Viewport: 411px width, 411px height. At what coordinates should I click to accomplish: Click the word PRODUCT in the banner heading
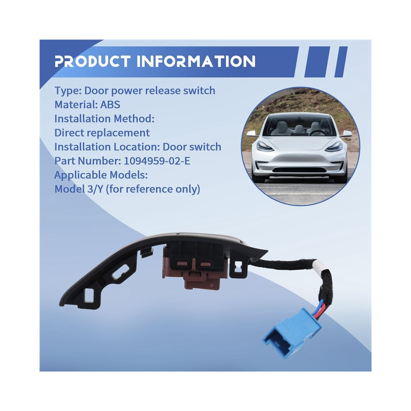pyautogui.click(x=93, y=61)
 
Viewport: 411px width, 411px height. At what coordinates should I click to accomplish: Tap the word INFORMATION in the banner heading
pyautogui.click(x=196, y=61)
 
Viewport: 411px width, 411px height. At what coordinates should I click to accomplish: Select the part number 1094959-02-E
pyautogui.click(x=157, y=161)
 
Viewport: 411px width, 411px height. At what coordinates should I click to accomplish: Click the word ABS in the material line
pyautogui.click(x=110, y=105)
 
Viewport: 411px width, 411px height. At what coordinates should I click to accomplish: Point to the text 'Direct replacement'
pyautogui.click(x=102, y=133)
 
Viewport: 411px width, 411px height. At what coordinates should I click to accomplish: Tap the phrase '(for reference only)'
pyautogui.click(x=153, y=189)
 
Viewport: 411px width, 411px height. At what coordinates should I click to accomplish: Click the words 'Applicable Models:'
pyautogui.click(x=101, y=175)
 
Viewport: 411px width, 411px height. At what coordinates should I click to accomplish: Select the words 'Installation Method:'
pyautogui.click(x=104, y=119)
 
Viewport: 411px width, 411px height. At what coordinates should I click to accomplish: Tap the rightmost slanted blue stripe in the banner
pyautogui.click(x=341, y=62)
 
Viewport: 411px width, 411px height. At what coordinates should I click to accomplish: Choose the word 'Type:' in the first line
pyautogui.click(x=68, y=91)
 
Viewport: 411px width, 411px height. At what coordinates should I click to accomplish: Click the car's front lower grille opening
pyautogui.click(x=299, y=170)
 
